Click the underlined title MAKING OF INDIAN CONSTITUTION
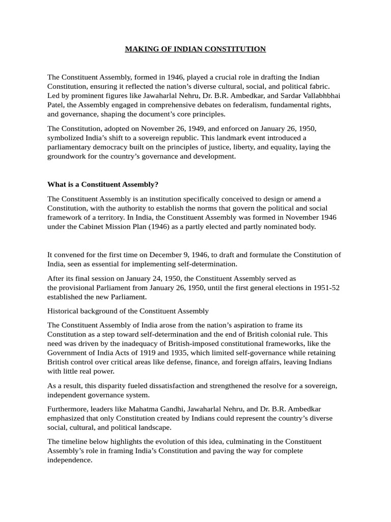[x=195, y=49]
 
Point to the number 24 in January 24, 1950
[x=148, y=278]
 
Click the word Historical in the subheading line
[x=65, y=310]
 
